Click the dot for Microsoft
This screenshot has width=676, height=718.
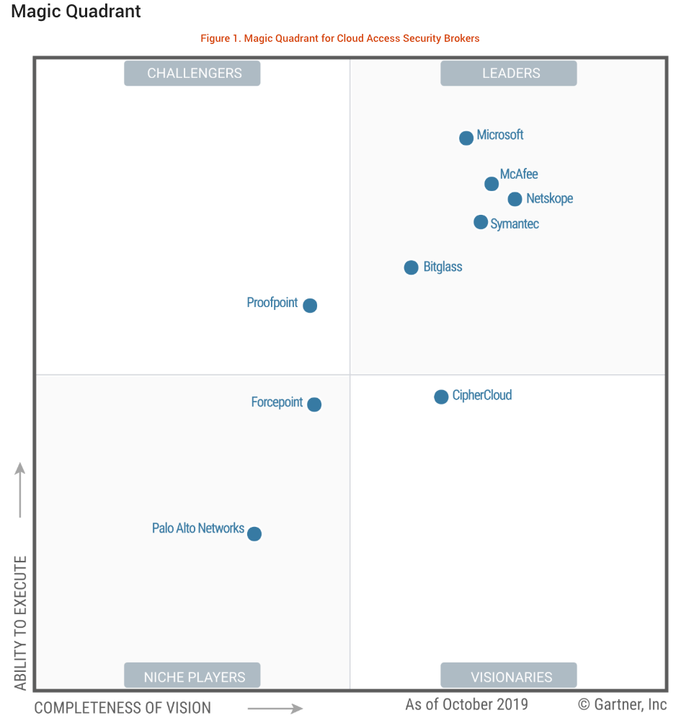[466, 138]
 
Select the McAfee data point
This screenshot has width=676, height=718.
[492, 184]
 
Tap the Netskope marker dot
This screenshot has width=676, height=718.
[515, 199]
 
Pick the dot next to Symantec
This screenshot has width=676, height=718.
[481, 222]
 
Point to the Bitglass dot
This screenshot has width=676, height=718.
[411, 267]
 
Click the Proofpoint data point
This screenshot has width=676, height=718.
[310, 305]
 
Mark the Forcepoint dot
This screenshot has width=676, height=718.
[314, 404]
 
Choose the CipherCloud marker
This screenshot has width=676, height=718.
[441, 396]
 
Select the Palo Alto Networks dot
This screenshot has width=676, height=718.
[254, 533]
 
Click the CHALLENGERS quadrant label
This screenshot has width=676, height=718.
[192, 74]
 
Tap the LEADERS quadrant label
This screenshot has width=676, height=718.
[509, 74]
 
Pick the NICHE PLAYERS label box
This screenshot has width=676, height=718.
[192, 676]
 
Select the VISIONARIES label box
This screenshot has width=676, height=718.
[509, 676]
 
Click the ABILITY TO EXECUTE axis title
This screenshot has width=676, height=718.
[20, 623]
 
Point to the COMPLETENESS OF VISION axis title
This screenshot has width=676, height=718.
[123, 708]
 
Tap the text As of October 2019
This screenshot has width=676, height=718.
[466, 704]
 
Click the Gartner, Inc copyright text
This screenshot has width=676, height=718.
[623, 704]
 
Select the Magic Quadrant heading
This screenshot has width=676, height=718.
[76, 12]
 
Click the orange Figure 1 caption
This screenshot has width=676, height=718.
[340, 38]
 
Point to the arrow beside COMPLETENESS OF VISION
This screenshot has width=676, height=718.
[275, 708]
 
